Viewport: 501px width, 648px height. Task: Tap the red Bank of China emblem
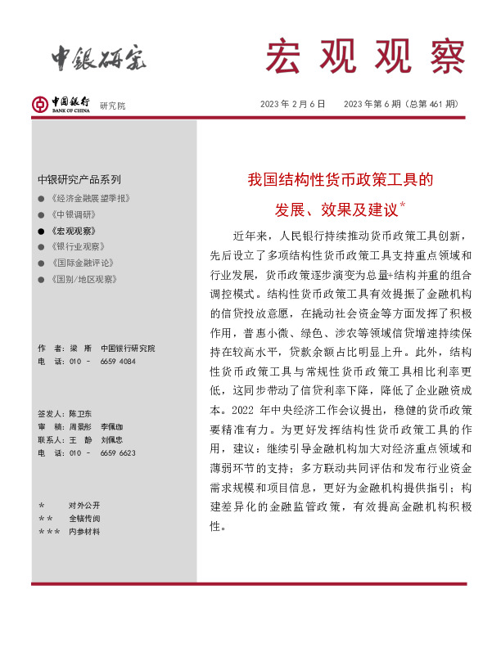(x=40, y=105)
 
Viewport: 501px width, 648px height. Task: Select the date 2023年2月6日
(x=293, y=104)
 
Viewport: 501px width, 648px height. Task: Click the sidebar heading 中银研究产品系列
(x=79, y=179)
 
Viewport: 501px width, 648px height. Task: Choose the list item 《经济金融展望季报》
(x=91, y=199)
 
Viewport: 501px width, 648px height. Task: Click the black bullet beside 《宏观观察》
(x=41, y=231)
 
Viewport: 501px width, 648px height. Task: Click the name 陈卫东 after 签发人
(x=82, y=415)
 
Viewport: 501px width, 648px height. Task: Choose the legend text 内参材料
(x=83, y=531)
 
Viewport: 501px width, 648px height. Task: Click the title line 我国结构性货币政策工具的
(x=340, y=178)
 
